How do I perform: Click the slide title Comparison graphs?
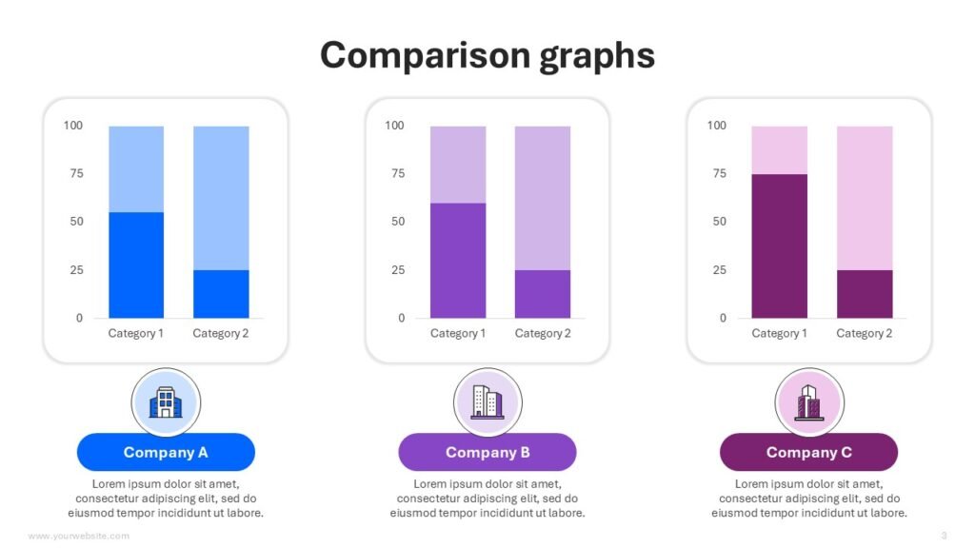pyautogui.click(x=487, y=55)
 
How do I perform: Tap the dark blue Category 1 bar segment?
pyautogui.click(x=136, y=264)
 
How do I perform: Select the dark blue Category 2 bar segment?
pyautogui.click(x=221, y=294)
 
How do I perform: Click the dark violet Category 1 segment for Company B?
pyautogui.click(x=458, y=260)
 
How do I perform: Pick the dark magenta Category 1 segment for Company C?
pyautogui.click(x=780, y=245)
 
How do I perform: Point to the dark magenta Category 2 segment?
pyautogui.click(x=865, y=294)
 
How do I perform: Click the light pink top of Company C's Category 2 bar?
pyautogui.click(x=865, y=198)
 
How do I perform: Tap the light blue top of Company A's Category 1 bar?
pyautogui.click(x=136, y=168)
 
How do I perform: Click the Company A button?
pyautogui.click(x=166, y=452)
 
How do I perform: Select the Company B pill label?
pyautogui.click(x=487, y=452)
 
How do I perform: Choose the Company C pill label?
pyautogui.click(x=808, y=452)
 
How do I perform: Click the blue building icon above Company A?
pyautogui.click(x=166, y=401)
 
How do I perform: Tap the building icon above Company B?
pyautogui.click(x=487, y=401)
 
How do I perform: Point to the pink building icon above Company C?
pyautogui.click(x=808, y=401)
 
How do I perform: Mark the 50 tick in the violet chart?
pyautogui.click(x=397, y=222)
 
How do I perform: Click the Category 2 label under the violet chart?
pyautogui.click(x=543, y=333)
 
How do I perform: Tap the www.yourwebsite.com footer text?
pyautogui.click(x=79, y=536)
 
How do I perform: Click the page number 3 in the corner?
pyautogui.click(x=944, y=536)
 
